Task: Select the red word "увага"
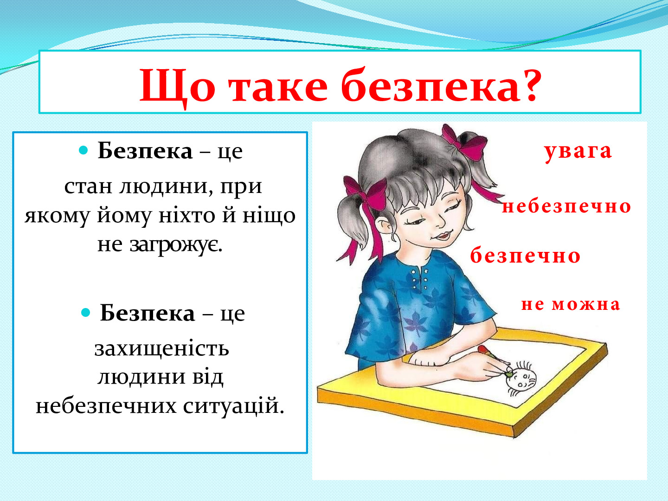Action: [x=578, y=152]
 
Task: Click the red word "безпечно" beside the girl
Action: [x=526, y=255]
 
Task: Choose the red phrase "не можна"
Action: [x=571, y=304]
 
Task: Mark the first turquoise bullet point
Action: [x=83, y=150]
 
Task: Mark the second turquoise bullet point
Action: [x=86, y=312]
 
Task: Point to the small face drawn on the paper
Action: [x=521, y=379]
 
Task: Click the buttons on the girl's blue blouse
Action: [x=420, y=279]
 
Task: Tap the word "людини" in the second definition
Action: [x=141, y=378]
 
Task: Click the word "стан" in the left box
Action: [x=88, y=187]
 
